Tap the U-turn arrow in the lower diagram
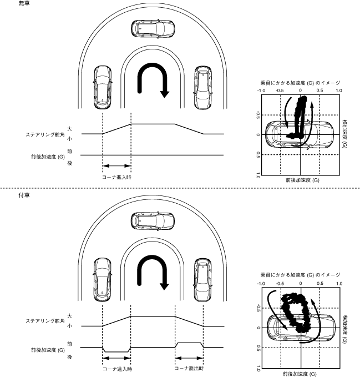click(x=154, y=272)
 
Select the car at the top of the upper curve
click(x=153, y=27)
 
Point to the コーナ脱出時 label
click(x=189, y=369)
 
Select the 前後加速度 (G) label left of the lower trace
click(x=48, y=349)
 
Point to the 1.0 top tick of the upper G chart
click(x=338, y=90)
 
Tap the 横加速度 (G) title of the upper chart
click(x=345, y=133)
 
